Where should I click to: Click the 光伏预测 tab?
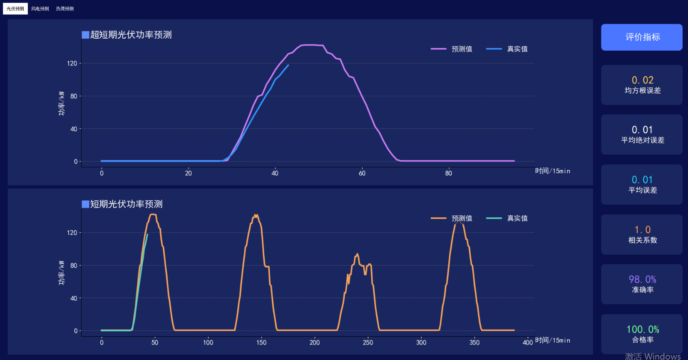click(x=15, y=9)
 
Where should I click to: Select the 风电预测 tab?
click(x=40, y=9)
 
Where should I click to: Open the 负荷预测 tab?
click(x=65, y=9)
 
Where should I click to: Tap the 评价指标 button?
click(x=641, y=37)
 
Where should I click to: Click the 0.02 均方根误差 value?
click(x=642, y=80)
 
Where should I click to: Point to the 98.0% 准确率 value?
click(x=642, y=279)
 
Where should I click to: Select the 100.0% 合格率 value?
click(x=642, y=330)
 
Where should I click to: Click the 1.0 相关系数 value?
click(x=642, y=230)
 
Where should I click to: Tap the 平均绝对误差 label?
click(x=642, y=140)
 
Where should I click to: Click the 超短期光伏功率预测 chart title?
click(x=131, y=35)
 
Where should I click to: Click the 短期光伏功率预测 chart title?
click(x=126, y=204)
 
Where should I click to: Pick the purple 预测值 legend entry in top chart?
click(x=452, y=49)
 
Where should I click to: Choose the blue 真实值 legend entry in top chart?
click(x=507, y=49)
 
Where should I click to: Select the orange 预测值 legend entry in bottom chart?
click(x=452, y=218)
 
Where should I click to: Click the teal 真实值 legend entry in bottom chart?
click(x=507, y=218)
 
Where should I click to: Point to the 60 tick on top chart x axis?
click(x=362, y=173)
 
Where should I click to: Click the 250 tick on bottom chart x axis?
click(x=368, y=343)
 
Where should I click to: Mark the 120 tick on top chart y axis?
click(x=72, y=63)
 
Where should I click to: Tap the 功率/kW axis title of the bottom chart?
click(x=62, y=273)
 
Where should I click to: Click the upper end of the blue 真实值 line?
click(x=288, y=65)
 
